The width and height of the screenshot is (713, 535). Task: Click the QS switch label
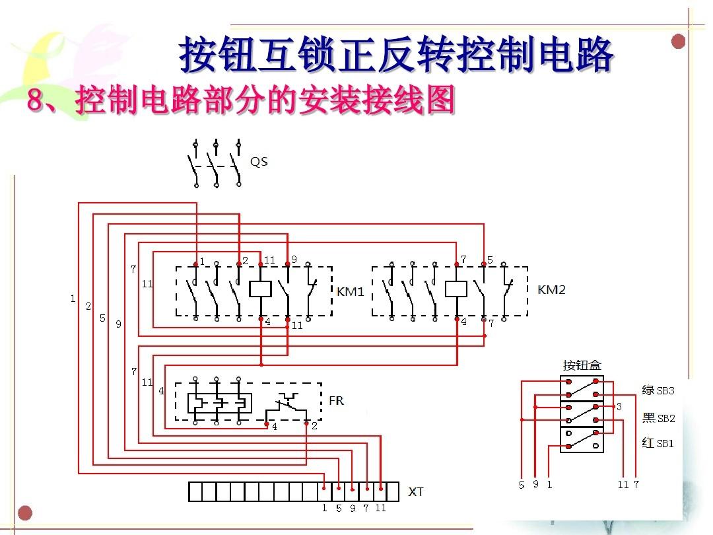point(259,162)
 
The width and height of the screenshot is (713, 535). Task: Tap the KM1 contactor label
point(350,291)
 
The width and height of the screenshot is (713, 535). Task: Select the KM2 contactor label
point(551,290)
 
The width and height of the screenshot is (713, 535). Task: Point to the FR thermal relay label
point(336,401)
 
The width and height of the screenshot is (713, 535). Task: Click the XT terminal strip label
point(416,492)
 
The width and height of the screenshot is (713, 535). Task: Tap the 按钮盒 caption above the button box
point(582,365)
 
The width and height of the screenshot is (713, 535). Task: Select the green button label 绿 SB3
point(658,390)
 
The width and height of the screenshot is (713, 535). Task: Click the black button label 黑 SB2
point(658,417)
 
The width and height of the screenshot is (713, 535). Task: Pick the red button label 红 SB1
point(658,443)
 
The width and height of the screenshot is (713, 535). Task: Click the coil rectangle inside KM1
point(261,289)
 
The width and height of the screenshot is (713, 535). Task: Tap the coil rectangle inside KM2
point(456,289)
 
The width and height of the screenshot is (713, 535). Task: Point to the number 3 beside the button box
point(619,406)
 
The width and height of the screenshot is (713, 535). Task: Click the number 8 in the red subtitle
point(35,99)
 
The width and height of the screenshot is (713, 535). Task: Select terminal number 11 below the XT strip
point(381,508)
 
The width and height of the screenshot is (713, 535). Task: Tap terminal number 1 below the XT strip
point(324,508)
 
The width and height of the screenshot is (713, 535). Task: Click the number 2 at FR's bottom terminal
point(314,426)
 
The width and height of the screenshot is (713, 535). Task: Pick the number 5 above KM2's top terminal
point(490,260)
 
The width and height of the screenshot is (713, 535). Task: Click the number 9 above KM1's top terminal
point(294,260)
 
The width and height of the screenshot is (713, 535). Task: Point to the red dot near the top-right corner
point(678,42)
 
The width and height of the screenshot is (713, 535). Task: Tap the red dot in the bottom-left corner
point(25,513)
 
